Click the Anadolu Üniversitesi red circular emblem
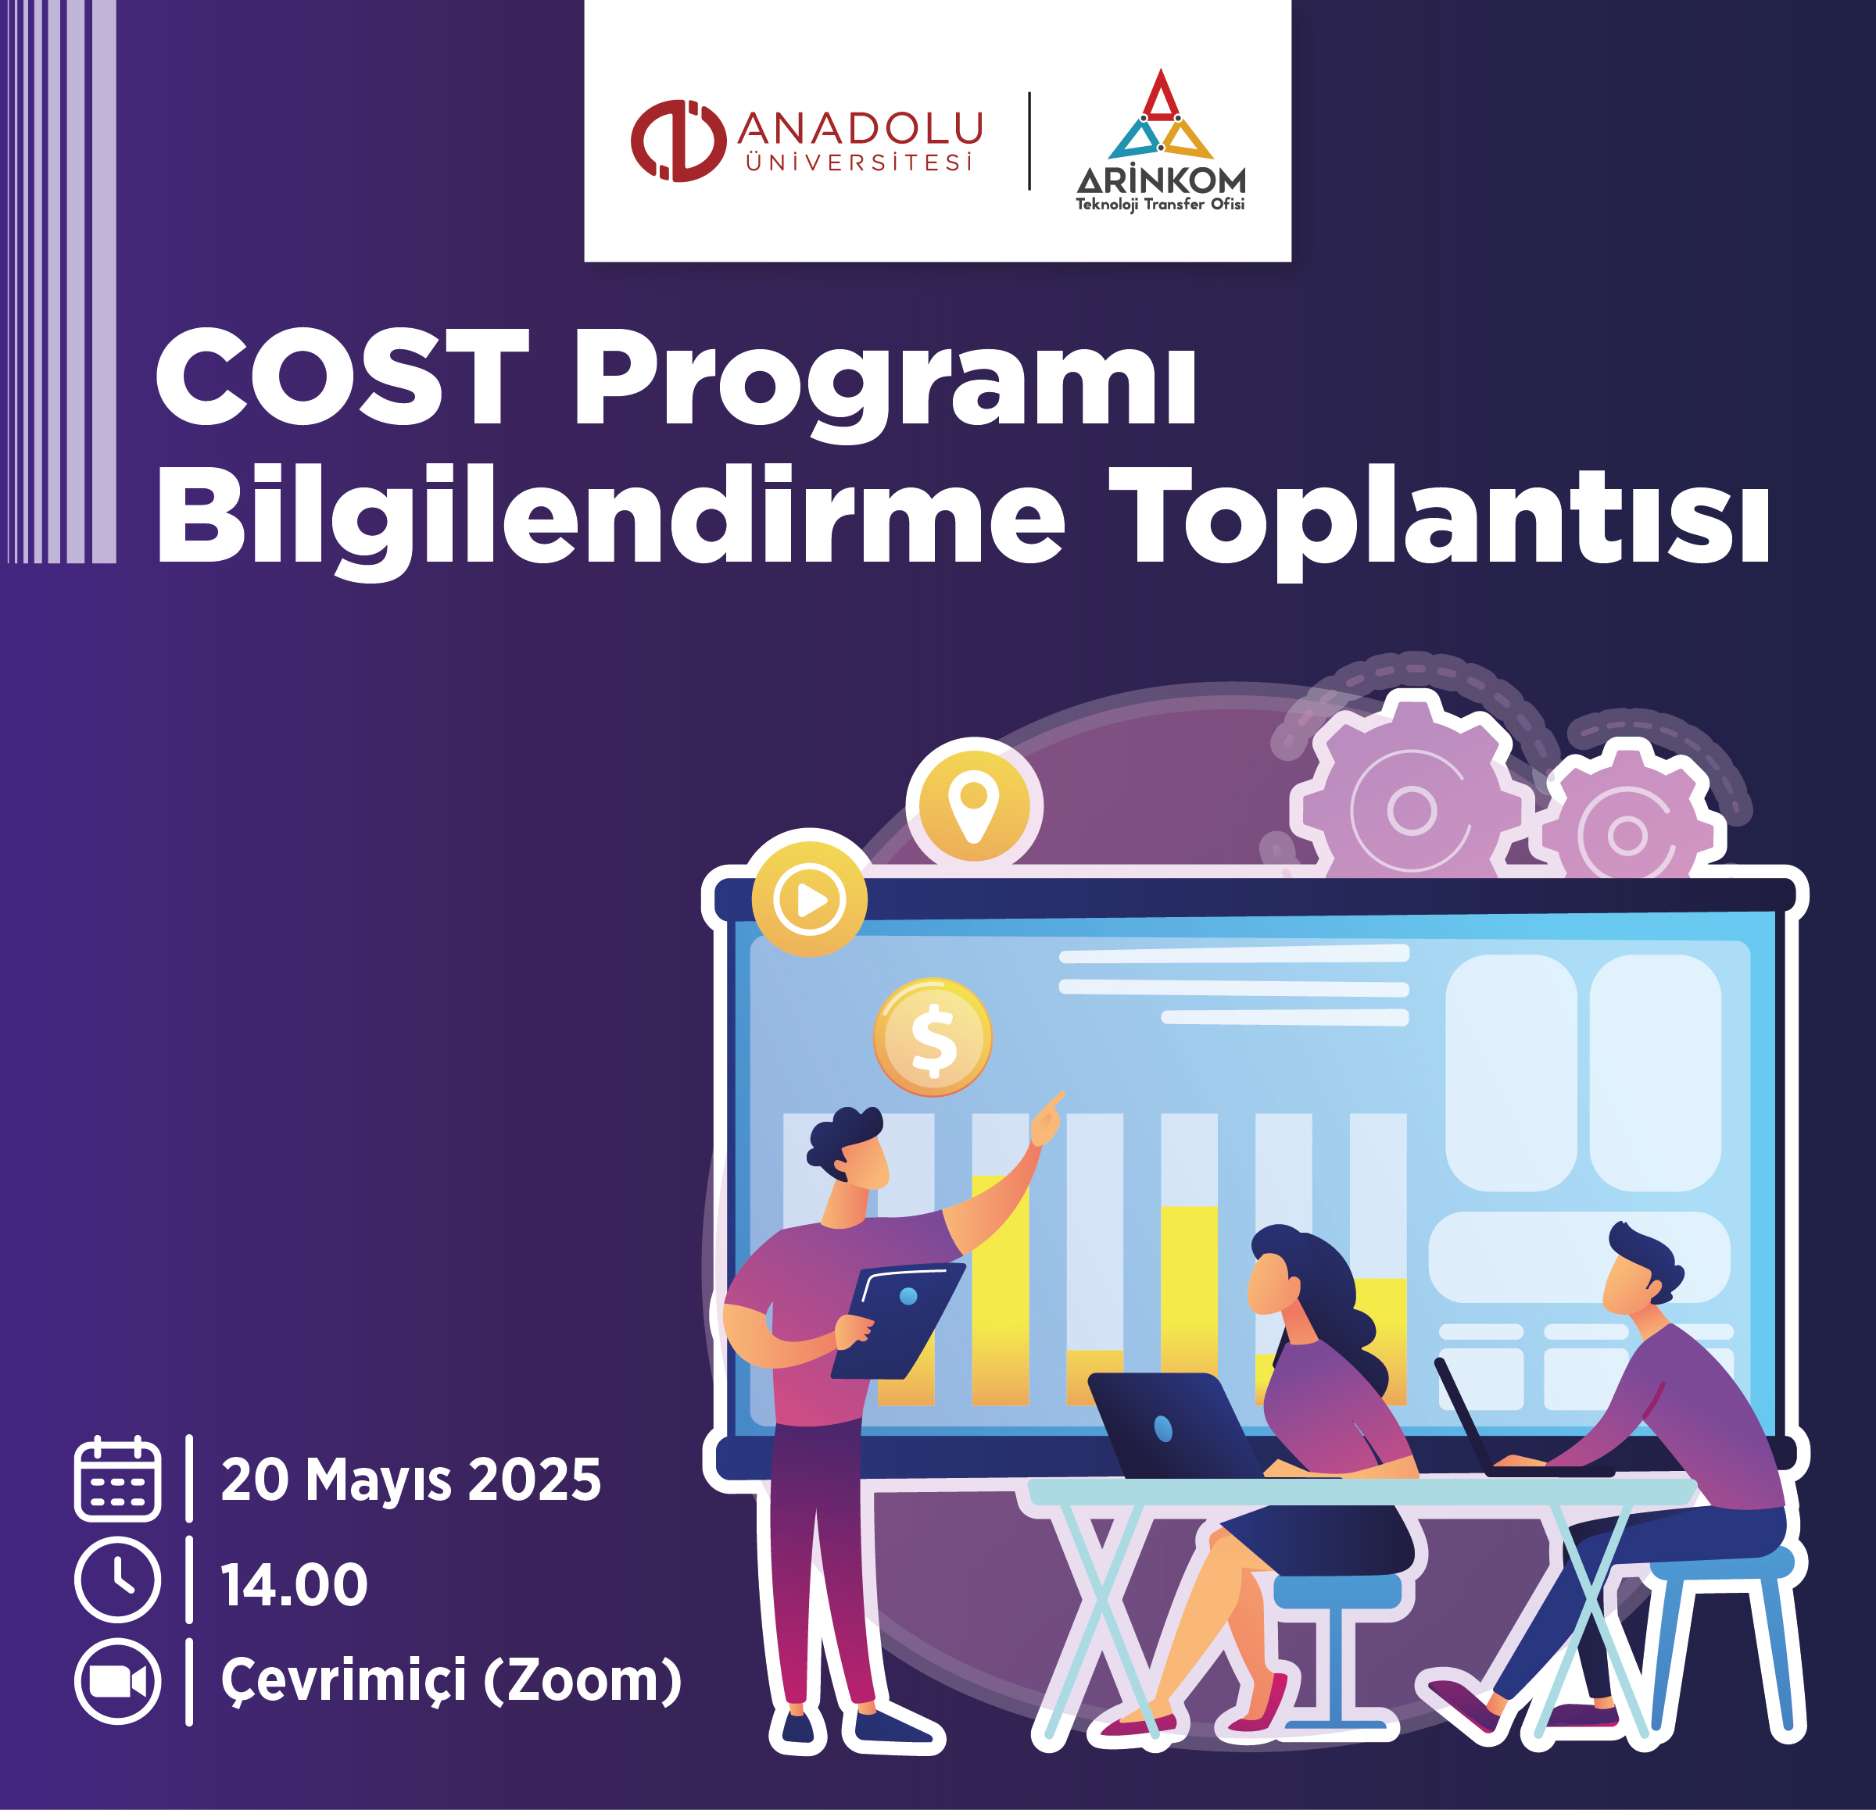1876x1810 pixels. (678, 141)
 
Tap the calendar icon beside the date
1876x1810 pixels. (118, 1479)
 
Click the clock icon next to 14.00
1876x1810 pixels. (118, 1580)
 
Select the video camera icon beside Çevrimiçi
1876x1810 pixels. (118, 1682)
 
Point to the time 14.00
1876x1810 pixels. (295, 1585)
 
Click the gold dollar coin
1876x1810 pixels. (933, 1037)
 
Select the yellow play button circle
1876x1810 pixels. (810, 899)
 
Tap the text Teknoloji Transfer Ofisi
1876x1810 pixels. (1160, 205)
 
